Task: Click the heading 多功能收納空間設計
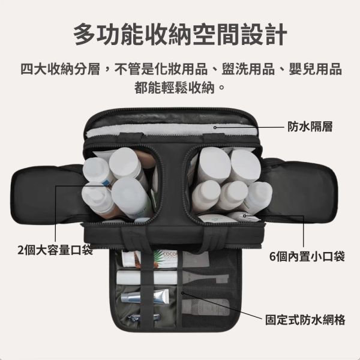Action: (180, 35)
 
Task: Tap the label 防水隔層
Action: (310, 127)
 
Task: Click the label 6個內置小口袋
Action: (307, 257)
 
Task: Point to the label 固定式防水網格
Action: (305, 319)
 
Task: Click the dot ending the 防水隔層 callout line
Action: (215, 127)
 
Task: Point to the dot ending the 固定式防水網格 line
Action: (182, 293)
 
